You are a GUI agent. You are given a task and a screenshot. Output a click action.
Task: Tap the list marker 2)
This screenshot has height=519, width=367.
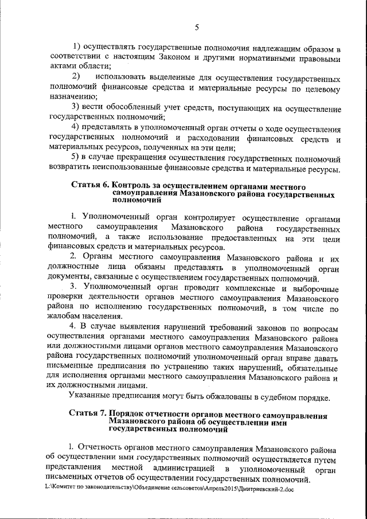(x=75, y=77)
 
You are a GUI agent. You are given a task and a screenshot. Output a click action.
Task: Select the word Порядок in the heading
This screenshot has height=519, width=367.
(x=134, y=415)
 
